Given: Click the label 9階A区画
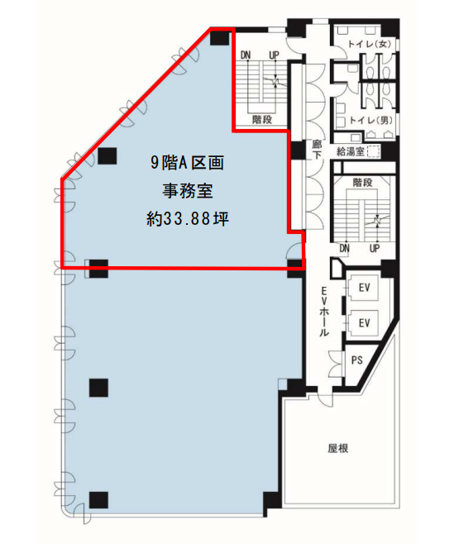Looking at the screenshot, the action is pyautogui.click(x=188, y=163).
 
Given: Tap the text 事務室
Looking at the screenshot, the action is pyautogui.click(x=188, y=190).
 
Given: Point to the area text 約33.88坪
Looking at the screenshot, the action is pyautogui.click(x=188, y=218).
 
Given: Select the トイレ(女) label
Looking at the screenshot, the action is pyautogui.click(x=370, y=44).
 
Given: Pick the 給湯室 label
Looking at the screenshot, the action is pyautogui.click(x=351, y=151).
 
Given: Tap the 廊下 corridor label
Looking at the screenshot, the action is pyautogui.click(x=317, y=150).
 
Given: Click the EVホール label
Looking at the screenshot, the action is pyautogui.click(x=323, y=312).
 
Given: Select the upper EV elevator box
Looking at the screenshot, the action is pyautogui.click(x=363, y=288).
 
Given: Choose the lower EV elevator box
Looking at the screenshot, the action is pyautogui.click(x=363, y=323).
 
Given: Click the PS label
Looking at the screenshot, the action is pyautogui.click(x=356, y=360).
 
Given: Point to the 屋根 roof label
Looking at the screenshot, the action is pyautogui.click(x=337, y=448).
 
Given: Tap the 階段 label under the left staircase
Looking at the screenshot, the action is pyautogui.click(x=262, y=120).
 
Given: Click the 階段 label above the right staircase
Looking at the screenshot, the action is pyautogui.click(x=363, y=183).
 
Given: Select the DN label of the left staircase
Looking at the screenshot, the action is pyautogui.click(x=246, y=55).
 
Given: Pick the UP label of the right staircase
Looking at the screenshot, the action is pyautogui.click(x=375, y=248).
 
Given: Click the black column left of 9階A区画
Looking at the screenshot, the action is pyautogui.click(x=108, y=155).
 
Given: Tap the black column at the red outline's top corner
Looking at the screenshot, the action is pyautogui.click(x=220, y=38).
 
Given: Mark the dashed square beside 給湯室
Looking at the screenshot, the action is pyautogui.click(x=374, y=151).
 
